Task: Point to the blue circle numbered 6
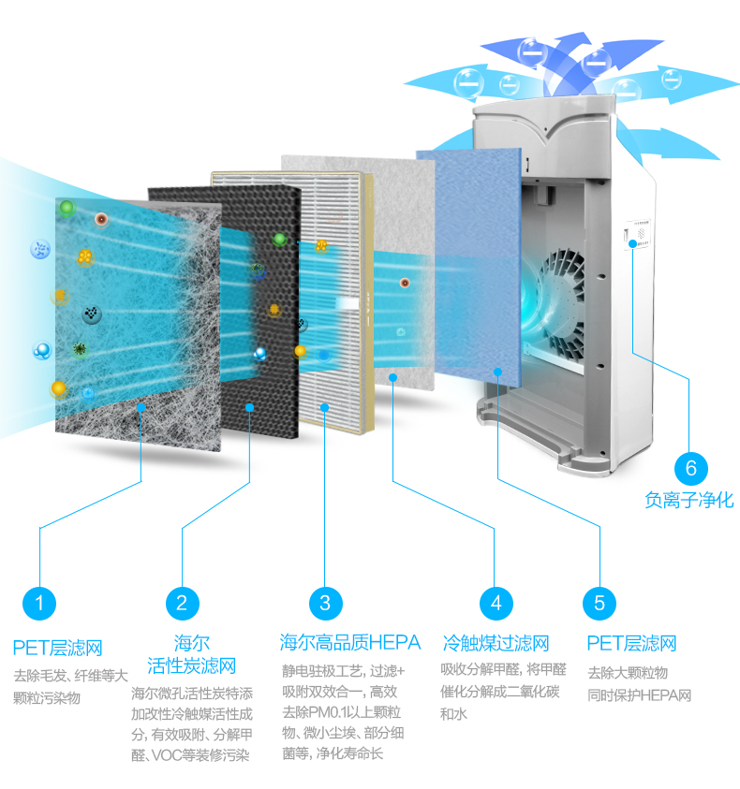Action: [691, 467]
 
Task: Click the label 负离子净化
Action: [689, 500]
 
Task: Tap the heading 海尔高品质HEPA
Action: [350, 643]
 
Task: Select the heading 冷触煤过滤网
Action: [496, 643]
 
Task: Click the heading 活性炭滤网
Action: [191, 666]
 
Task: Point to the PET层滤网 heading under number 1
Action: [57, 648]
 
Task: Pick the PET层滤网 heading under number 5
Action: [631, 643]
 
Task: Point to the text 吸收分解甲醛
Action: [477, 669]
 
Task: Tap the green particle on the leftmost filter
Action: [67, 207]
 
